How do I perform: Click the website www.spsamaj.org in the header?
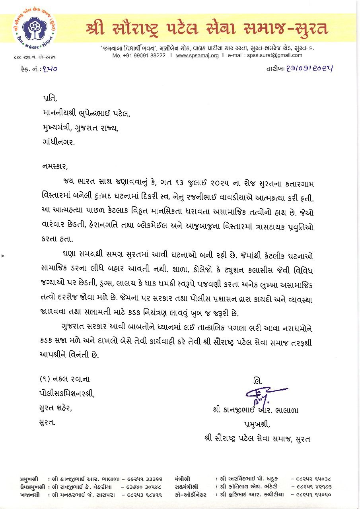[x=197, y=56]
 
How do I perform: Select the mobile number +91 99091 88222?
[x=139, y=56]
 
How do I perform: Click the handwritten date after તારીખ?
[x=309, y=68]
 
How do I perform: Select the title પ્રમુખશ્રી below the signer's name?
[x=257, y=424]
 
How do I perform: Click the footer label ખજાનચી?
[x=29, y=495]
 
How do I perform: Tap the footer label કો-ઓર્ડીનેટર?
[x=190, y=495]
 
